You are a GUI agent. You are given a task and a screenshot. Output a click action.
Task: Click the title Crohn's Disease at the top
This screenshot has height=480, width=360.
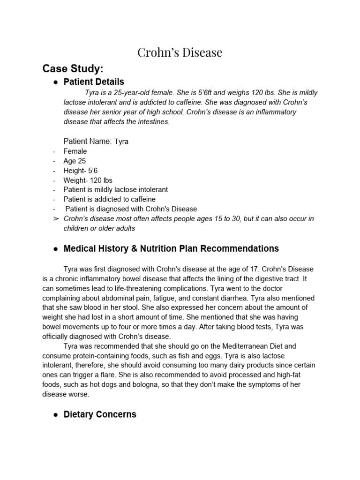pyautogui.click(x=180, y=52)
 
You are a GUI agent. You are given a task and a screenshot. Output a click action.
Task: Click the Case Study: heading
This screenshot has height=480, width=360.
pyautogui.click(x=72, y=69)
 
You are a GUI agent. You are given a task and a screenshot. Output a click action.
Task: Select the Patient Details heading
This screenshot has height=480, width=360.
pyautogui.click(x=94, y=82)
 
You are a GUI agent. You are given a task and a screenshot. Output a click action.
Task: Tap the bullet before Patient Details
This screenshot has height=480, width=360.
pyautogui.click(x=55, y=82)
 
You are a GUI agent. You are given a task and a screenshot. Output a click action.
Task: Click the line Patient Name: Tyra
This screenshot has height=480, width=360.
pyautogui.click(x=96, y=141)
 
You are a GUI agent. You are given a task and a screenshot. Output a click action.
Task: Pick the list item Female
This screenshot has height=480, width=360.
pyautogui.click(x=75, y=151)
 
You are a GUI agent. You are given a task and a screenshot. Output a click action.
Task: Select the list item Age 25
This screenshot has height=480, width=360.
pyautogui.click(x=75, y=161)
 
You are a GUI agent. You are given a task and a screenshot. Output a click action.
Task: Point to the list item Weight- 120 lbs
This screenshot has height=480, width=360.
pyautogui.click(x=88, y=180)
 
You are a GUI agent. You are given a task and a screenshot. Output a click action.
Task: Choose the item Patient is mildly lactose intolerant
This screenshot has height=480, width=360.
pyautogui.click(x=115, y=189)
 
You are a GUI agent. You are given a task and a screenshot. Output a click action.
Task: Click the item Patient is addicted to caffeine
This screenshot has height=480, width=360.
pyautogui.click(x=110, y=199)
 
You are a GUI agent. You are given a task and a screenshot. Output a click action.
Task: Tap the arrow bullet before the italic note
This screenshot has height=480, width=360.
pyautogui.click(x=55, y=219)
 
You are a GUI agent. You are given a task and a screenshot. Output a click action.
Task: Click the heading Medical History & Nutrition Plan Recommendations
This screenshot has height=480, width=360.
pyautogui.click(x=171, y=248)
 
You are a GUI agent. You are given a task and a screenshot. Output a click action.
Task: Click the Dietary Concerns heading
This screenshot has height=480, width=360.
pyautogui.click(x=100, y=414)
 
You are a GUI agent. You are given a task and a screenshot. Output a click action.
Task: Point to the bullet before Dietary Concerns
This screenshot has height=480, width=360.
pyautogui.click(x=55, y=415)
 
